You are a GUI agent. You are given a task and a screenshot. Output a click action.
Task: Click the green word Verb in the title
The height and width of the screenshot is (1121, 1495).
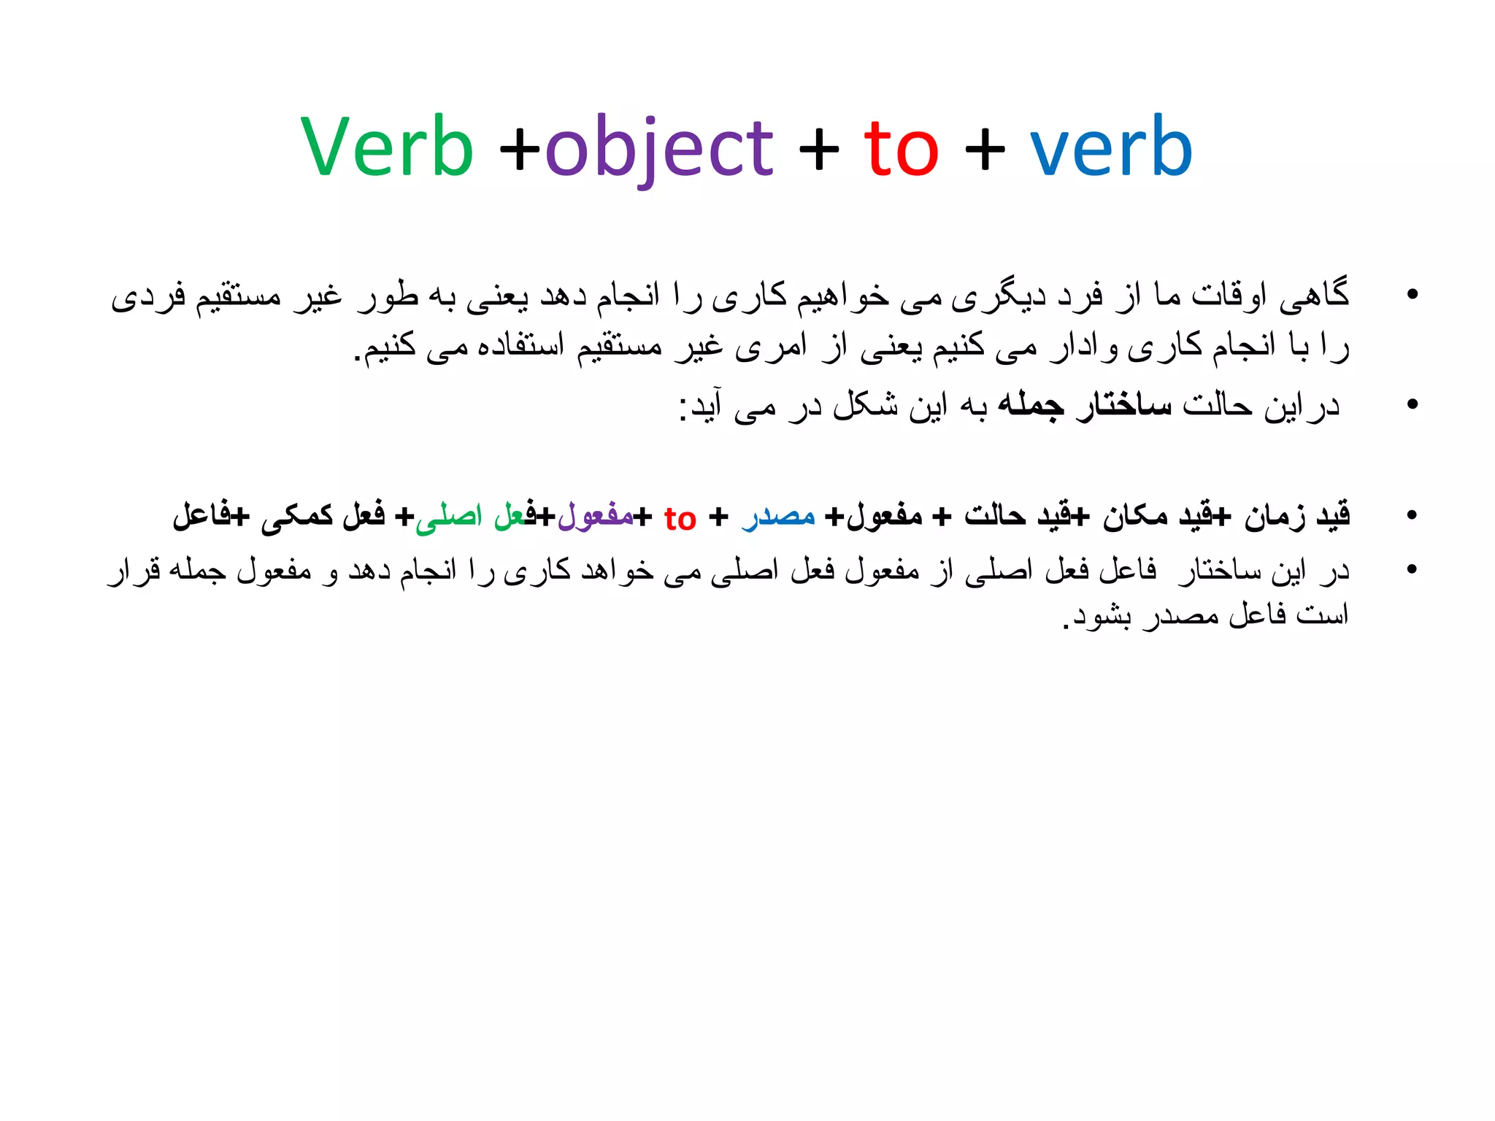pos(388,147)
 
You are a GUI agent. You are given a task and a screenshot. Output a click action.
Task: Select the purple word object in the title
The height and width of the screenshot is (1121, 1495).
pos(658,150)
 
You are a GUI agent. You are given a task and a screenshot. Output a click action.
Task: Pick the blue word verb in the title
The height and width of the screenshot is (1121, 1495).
pos(1111,147)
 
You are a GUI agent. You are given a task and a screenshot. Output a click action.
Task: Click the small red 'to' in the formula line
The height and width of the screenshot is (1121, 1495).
pos(680,519)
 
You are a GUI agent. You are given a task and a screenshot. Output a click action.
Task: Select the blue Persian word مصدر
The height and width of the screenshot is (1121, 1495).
pos(778,516)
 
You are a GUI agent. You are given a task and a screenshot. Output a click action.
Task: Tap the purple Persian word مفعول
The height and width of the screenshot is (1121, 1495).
pos(595,516)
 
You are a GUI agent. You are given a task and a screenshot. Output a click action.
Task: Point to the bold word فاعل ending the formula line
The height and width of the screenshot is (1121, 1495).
pos(201,516)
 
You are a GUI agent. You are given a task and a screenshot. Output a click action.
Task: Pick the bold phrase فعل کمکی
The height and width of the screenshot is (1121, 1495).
pos(323,516)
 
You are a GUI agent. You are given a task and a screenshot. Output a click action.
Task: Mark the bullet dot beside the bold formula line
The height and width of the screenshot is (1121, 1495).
pos(1412,515)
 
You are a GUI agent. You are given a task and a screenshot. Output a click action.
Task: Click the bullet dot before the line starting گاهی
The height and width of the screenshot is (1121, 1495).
pos(1412,294)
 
